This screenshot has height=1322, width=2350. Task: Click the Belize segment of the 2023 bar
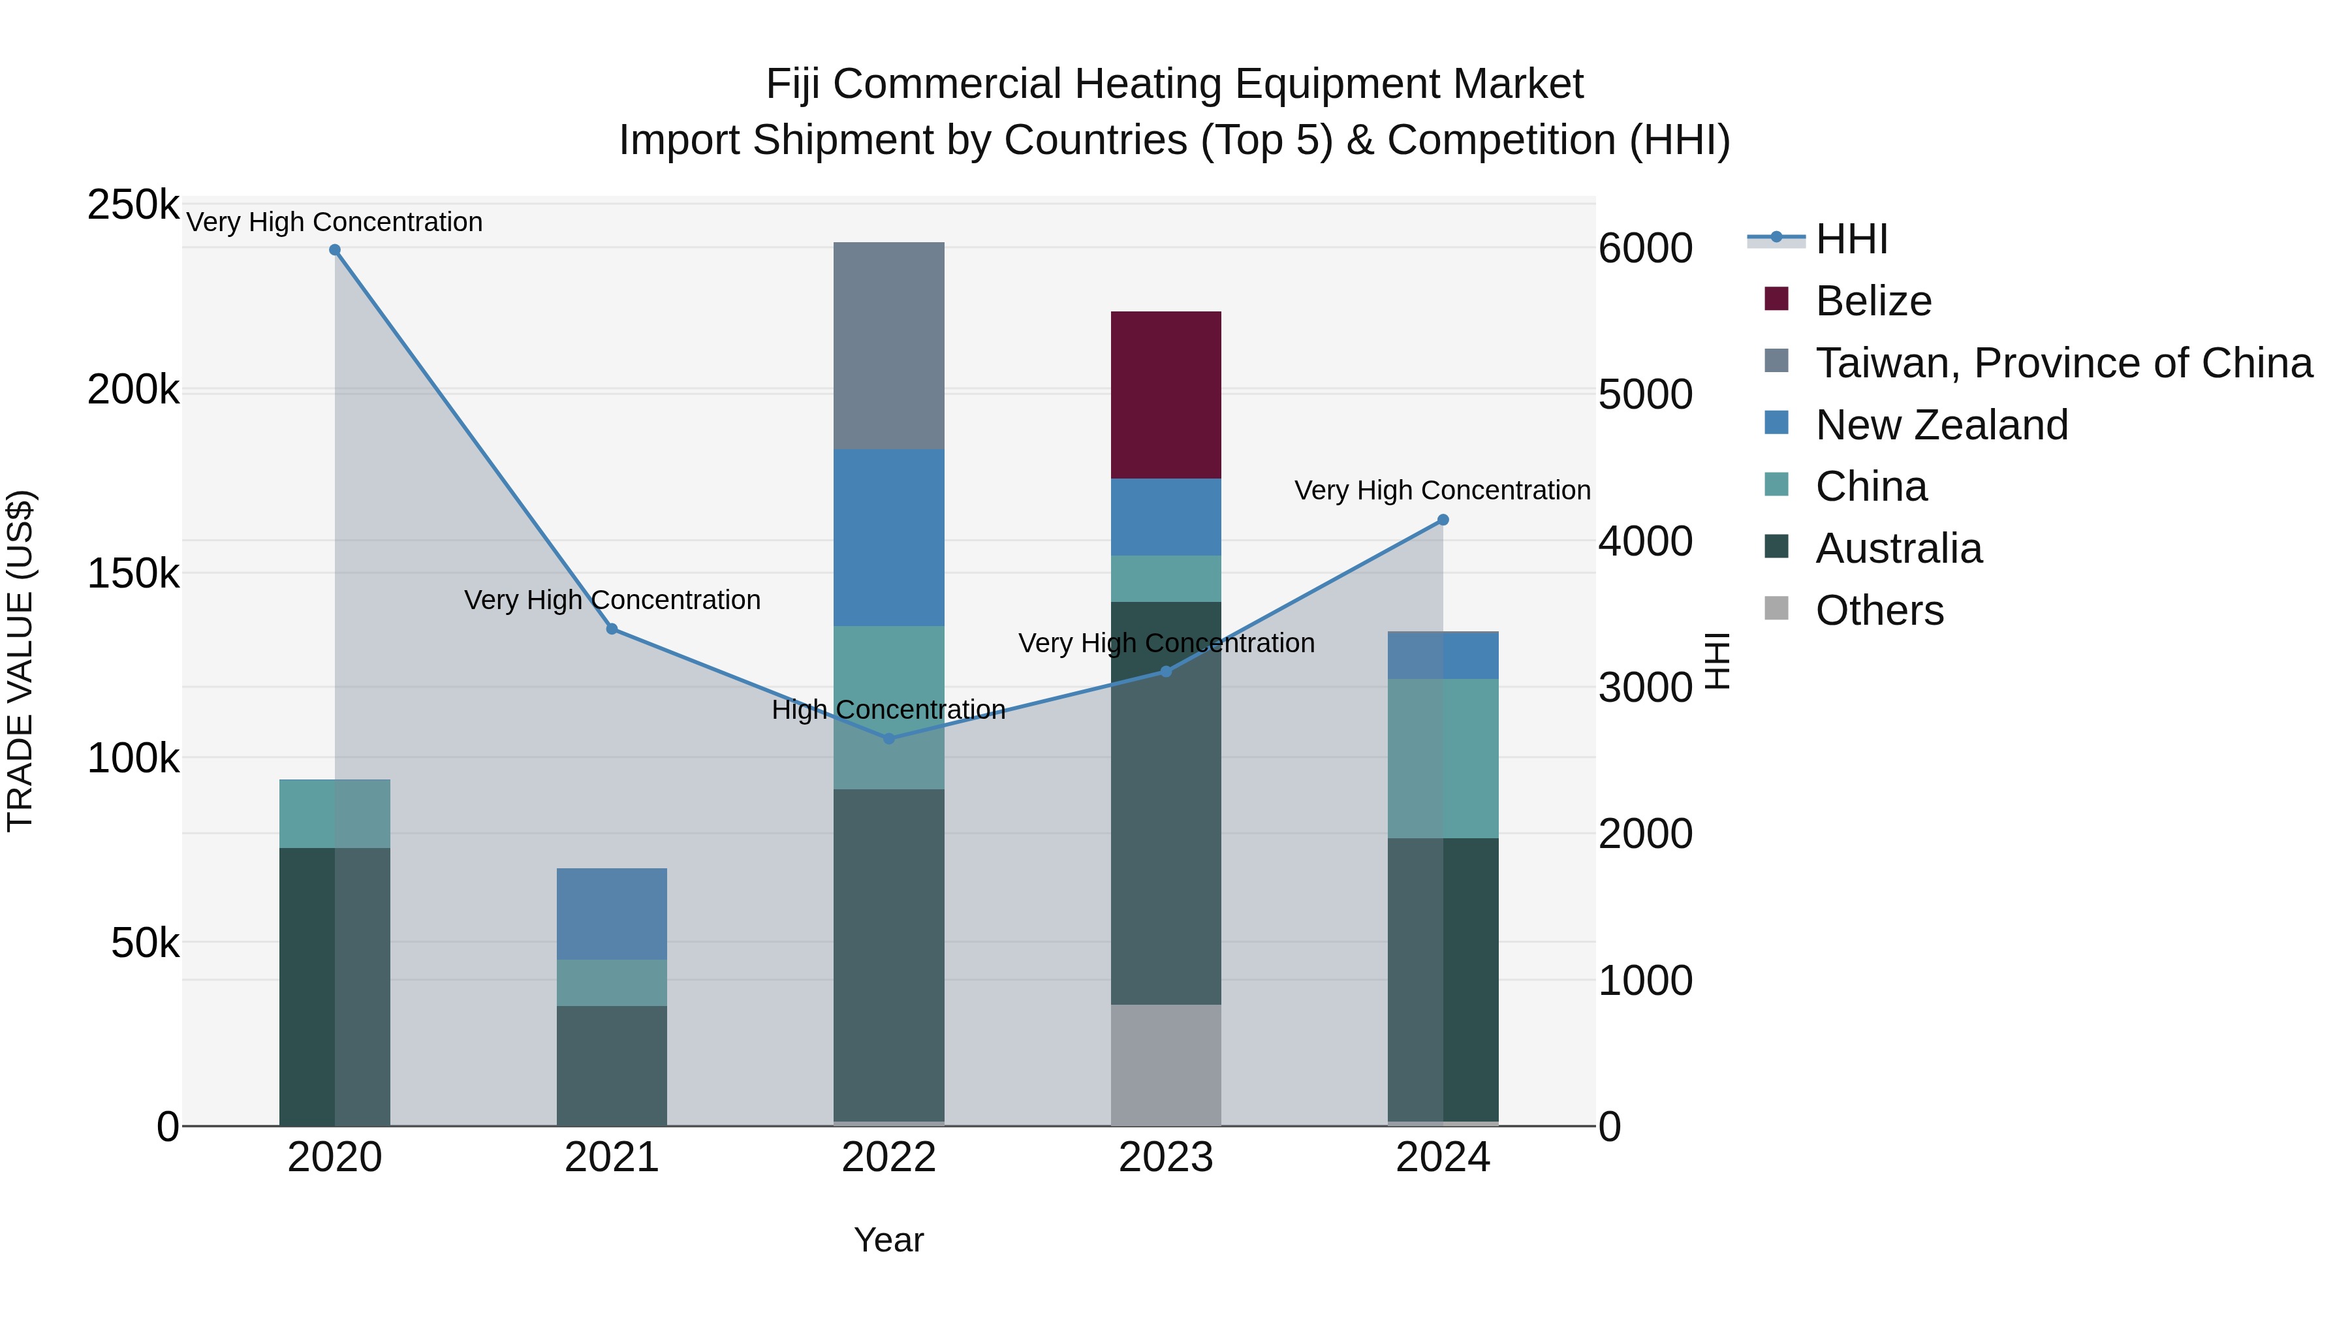click(1165, 394)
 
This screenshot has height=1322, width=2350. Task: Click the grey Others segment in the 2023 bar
click(1165, 1065)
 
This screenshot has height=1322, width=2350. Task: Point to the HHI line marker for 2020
click(335, 250)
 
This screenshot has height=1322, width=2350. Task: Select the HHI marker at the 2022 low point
click(890, 738)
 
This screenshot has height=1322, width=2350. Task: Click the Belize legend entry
click(1873, 301)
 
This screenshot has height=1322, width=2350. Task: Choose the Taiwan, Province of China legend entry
click(2063, 363)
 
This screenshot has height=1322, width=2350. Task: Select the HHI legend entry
click(1851, 239)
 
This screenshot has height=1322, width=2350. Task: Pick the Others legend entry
click(1879, 610)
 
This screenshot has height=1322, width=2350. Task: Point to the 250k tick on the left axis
click(133, 205)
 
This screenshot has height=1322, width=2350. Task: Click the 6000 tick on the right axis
click(1645, 248)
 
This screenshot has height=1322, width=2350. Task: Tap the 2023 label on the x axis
click(1165, 1157)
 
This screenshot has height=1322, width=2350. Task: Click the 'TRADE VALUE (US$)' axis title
click(20, 661)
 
